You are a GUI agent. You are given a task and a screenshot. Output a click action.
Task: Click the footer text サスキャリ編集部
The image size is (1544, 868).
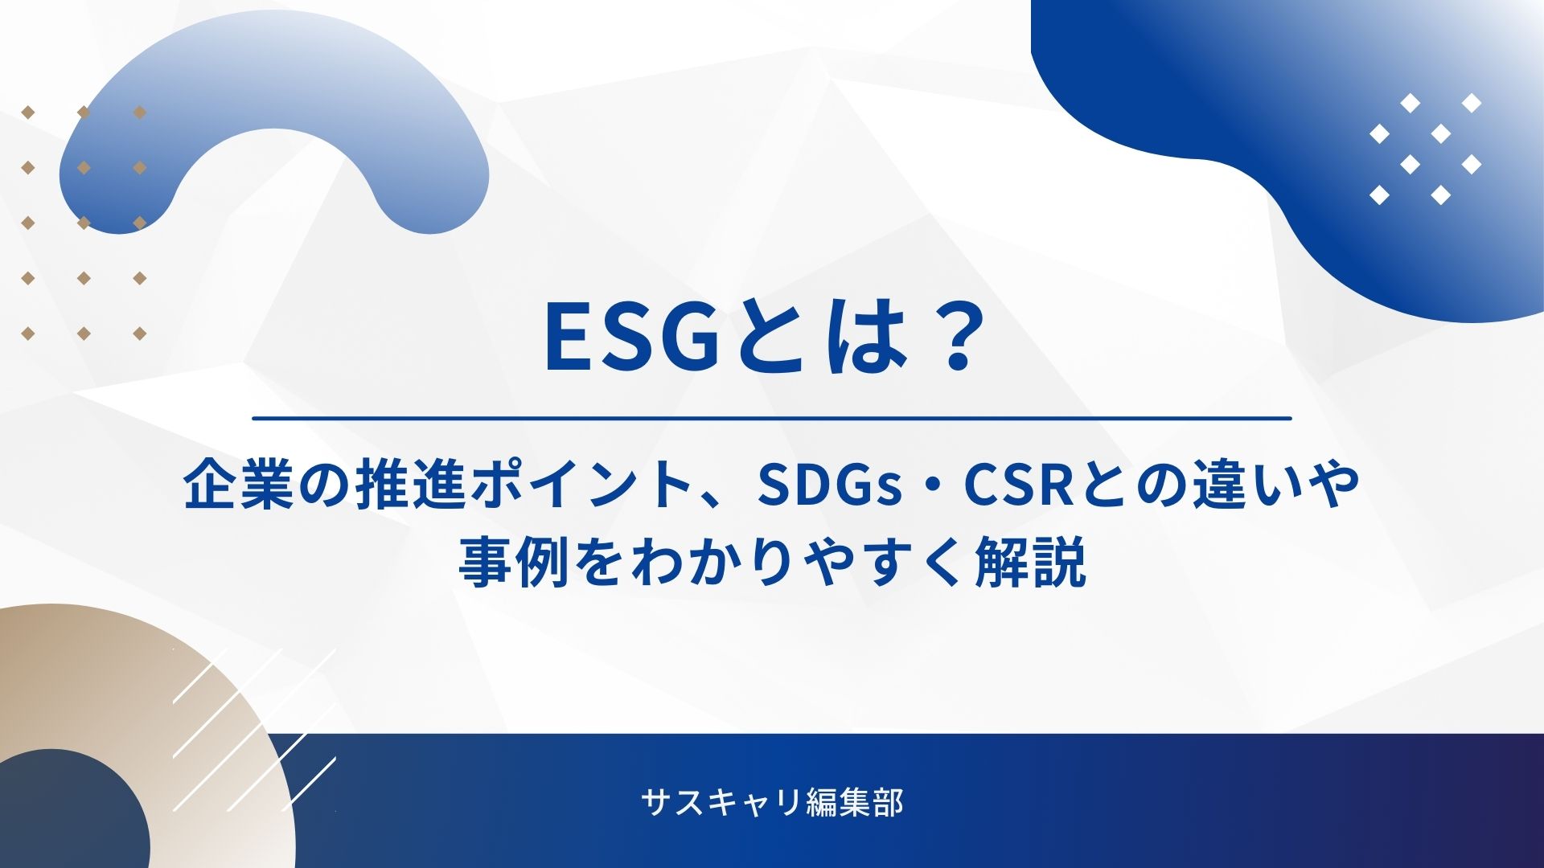point(772,803)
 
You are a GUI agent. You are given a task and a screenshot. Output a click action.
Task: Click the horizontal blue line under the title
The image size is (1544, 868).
point(772,418)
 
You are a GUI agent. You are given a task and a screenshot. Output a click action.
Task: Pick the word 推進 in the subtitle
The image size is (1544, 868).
point(410,485)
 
